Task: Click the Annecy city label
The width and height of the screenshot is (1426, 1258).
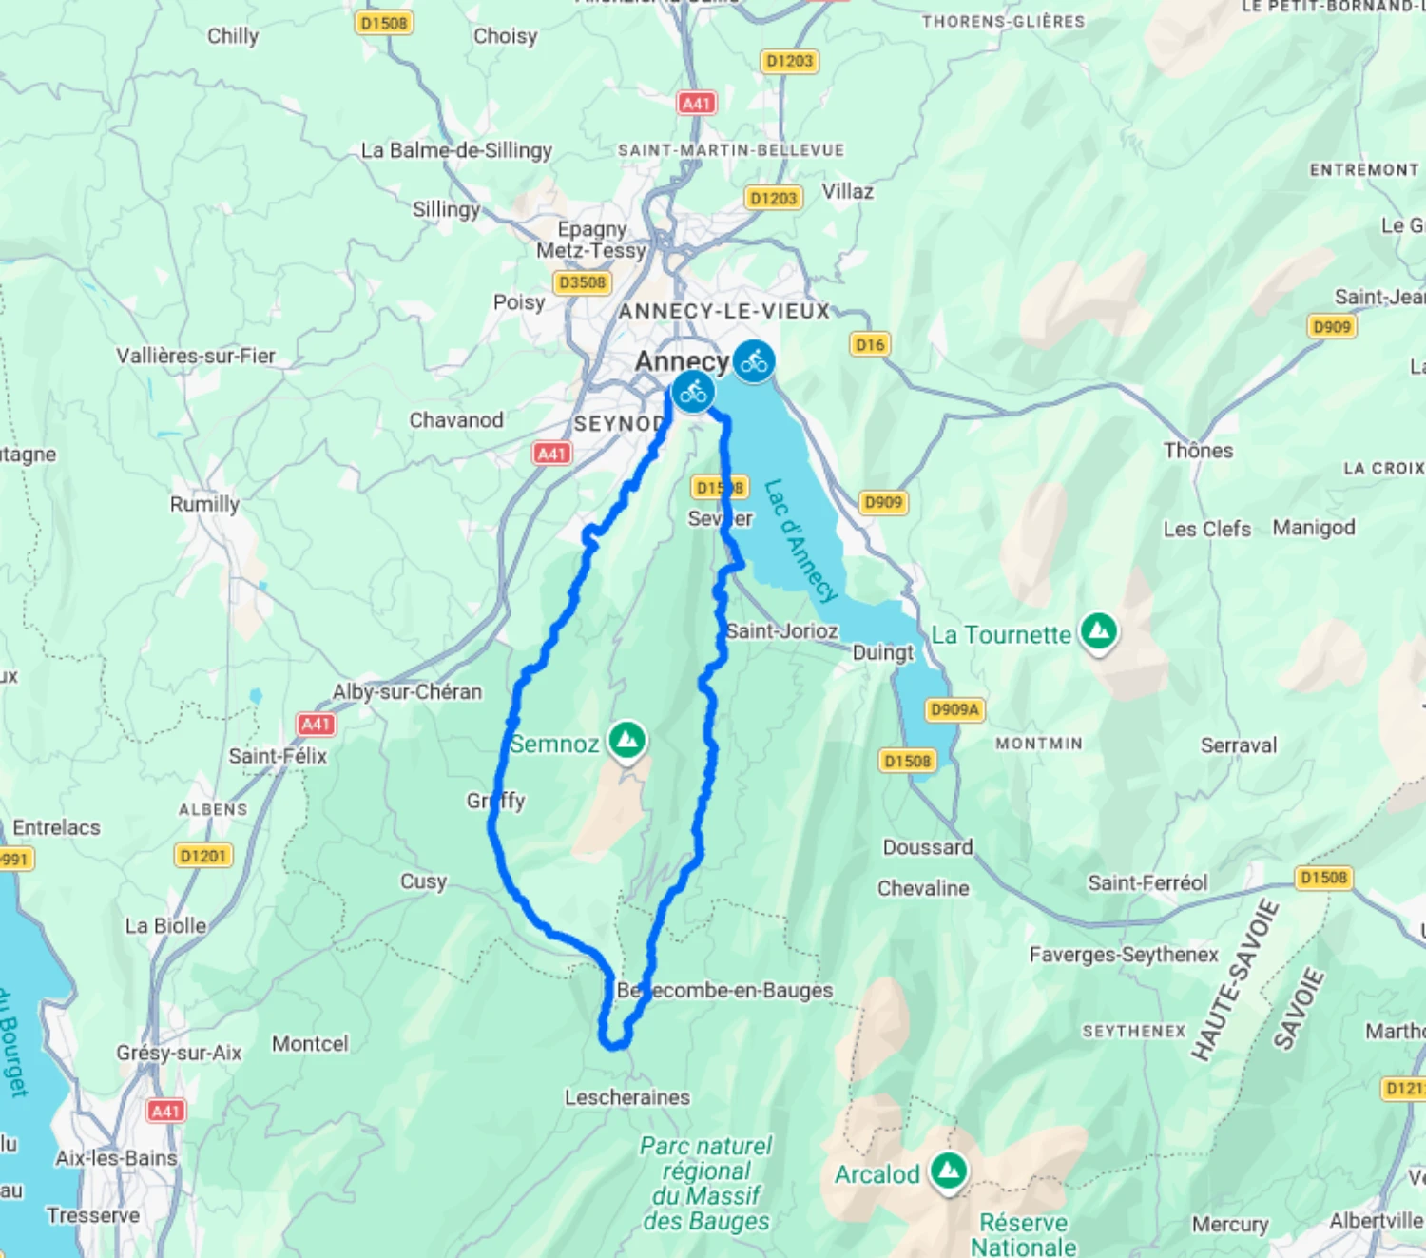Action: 682,361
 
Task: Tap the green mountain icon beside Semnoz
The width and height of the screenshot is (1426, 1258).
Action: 627,740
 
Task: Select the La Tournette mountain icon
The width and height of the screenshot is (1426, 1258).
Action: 1099,630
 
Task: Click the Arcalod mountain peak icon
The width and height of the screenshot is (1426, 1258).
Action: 949,1170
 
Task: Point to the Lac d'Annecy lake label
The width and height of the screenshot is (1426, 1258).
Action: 800,540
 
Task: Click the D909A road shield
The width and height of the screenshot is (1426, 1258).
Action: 954,709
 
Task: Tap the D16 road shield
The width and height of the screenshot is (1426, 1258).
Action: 870,344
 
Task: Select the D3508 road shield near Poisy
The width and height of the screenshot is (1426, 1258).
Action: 582,282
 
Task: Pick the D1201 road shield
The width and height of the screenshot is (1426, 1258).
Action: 203,856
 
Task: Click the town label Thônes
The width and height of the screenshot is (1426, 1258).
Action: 1198,451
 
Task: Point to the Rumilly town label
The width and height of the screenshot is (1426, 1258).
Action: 204,504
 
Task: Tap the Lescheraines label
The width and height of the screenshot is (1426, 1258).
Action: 627,1097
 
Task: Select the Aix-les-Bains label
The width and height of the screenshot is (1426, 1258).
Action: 116,1158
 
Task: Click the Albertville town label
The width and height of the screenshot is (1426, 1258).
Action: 1376,1220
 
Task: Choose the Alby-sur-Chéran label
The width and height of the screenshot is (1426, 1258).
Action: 407,692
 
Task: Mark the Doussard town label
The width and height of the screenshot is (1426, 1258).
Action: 928,847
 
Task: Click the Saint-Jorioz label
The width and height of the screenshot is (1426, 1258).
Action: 782,631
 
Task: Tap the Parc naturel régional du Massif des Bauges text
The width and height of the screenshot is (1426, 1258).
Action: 706,1184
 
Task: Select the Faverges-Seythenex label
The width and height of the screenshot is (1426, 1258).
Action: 1124,955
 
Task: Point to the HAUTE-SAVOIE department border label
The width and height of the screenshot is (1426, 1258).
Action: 1235,980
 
